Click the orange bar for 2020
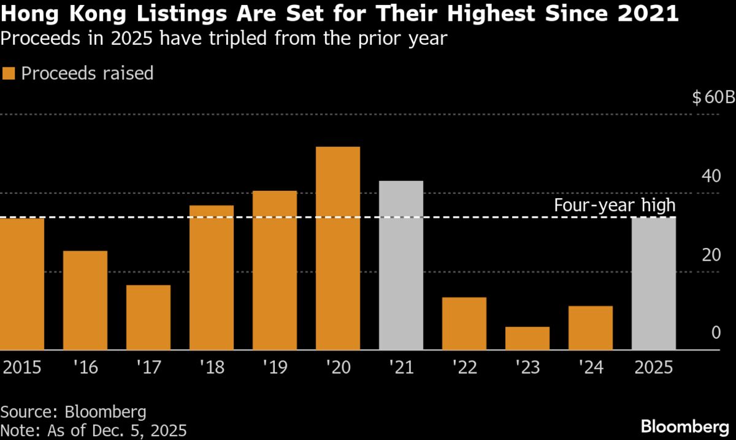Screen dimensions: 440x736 337,249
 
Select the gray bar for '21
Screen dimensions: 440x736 401,265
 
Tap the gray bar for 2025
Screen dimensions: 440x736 654,284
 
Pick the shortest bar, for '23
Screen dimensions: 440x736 527,338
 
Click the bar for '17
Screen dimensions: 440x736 148,317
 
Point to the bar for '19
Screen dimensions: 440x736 274,271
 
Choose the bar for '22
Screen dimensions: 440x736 464,323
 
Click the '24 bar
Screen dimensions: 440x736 591,328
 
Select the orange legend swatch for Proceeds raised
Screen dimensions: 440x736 9,74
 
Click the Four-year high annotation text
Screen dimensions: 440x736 615,205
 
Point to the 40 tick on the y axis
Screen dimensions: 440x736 711,177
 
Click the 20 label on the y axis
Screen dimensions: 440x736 711,255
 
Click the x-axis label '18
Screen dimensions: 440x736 211,368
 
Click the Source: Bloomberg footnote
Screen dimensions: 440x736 74,411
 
